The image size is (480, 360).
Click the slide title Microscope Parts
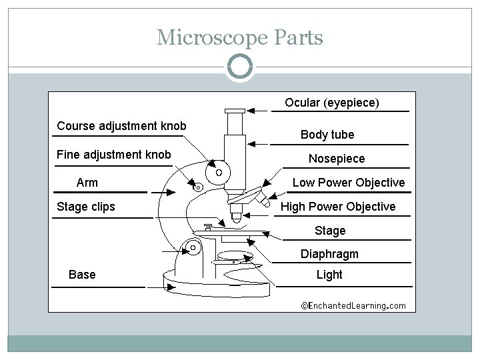[240, 37]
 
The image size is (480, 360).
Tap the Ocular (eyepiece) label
[332, 103]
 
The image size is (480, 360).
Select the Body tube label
[327, 135]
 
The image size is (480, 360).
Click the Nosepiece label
[337, 159]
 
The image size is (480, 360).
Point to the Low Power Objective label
[349, 183]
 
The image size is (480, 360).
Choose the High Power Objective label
[338, 207]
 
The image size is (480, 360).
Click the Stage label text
[330, 231]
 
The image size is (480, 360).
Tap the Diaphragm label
[329, 254]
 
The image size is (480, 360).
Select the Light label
[329, 275]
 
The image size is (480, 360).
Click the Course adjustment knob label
[122, 126]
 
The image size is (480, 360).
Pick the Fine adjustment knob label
[114, 155]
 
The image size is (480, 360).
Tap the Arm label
[87, 183]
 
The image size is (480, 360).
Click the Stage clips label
[86, 207]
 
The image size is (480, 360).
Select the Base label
[82, 275]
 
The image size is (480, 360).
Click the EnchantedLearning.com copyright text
[353, 305]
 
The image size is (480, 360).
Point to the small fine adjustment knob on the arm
[197, 187]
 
